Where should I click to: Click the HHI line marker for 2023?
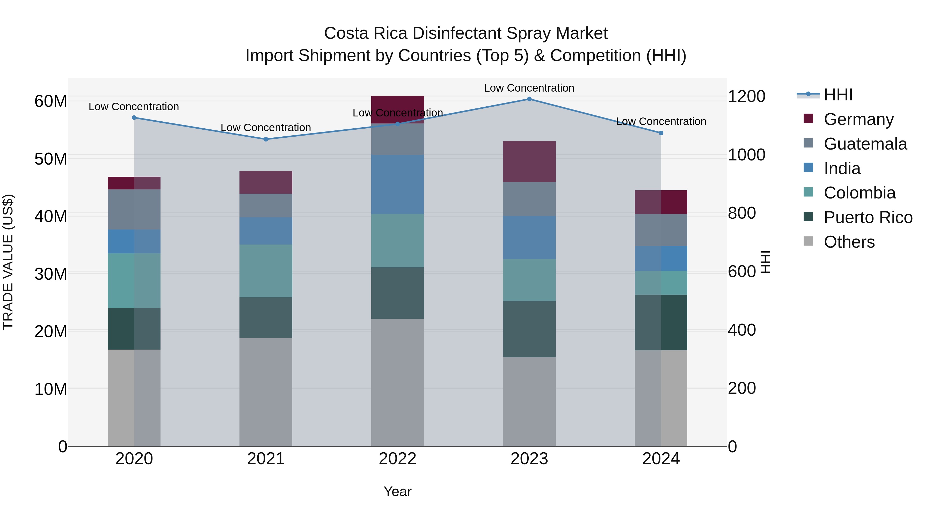[529, 99]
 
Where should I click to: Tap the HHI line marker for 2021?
[266, 139]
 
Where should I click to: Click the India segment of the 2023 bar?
[529, 238]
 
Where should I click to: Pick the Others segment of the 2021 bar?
[266, 392]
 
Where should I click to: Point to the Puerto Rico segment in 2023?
[529, 329]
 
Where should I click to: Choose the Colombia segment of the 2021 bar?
[266, 271]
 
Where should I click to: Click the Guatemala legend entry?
[865, 144]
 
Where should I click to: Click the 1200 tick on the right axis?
[746, 97]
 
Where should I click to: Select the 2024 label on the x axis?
[661, 459]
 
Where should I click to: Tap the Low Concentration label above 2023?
[529, 88]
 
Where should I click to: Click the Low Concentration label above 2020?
[134, 107]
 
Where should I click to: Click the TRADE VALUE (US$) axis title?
[8, 262]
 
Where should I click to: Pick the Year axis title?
[397, 491]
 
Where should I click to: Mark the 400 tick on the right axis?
[742, 330]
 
